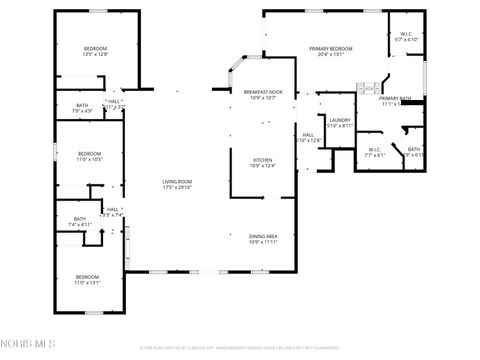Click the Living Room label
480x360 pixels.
pos(177,181)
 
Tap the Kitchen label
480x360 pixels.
pos(262,160)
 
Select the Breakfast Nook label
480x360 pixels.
pos(263,91)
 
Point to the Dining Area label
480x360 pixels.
pos(263,236)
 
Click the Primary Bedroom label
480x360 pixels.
pos(330,48)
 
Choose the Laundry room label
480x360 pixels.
pos(340,120)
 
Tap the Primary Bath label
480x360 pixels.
pos(395,98)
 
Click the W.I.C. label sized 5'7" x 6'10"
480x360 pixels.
pos(407,34)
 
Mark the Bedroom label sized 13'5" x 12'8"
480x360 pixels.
pos(95,49)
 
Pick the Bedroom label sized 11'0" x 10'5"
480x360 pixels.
pos(90,154)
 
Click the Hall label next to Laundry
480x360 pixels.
pos(309,135)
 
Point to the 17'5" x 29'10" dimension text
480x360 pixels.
pos(177,187)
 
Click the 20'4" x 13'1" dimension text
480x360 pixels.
pos(330,54)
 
